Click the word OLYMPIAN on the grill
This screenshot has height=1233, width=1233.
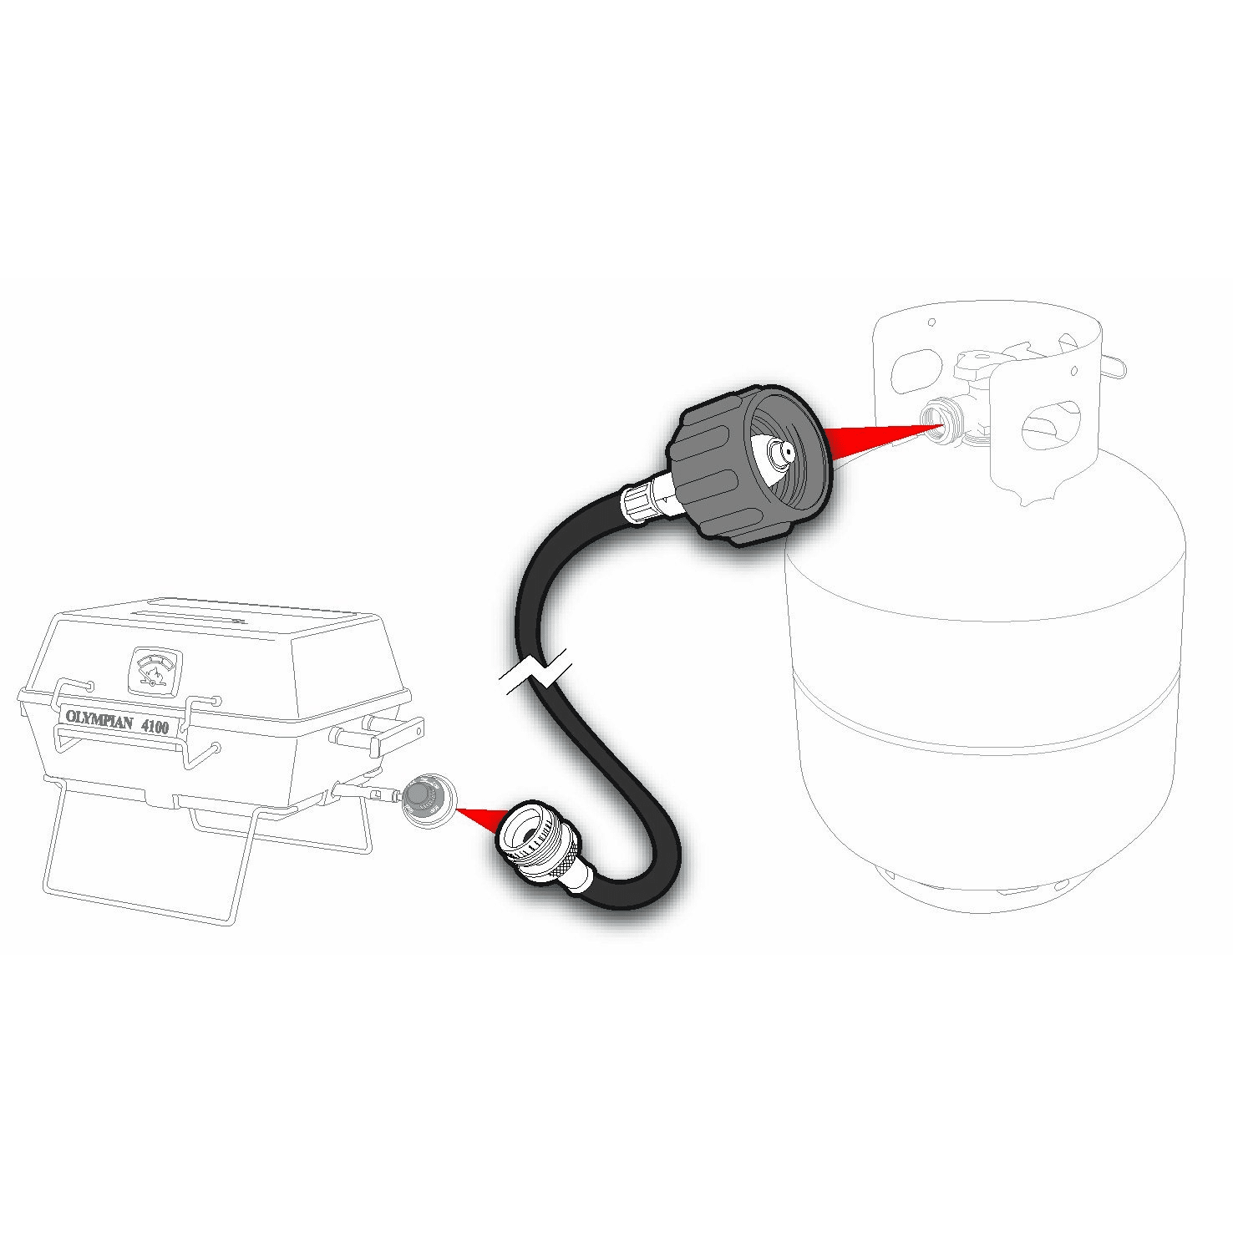(x=99, y=721)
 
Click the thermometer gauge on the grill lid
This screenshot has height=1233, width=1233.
(x=153, y=671)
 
